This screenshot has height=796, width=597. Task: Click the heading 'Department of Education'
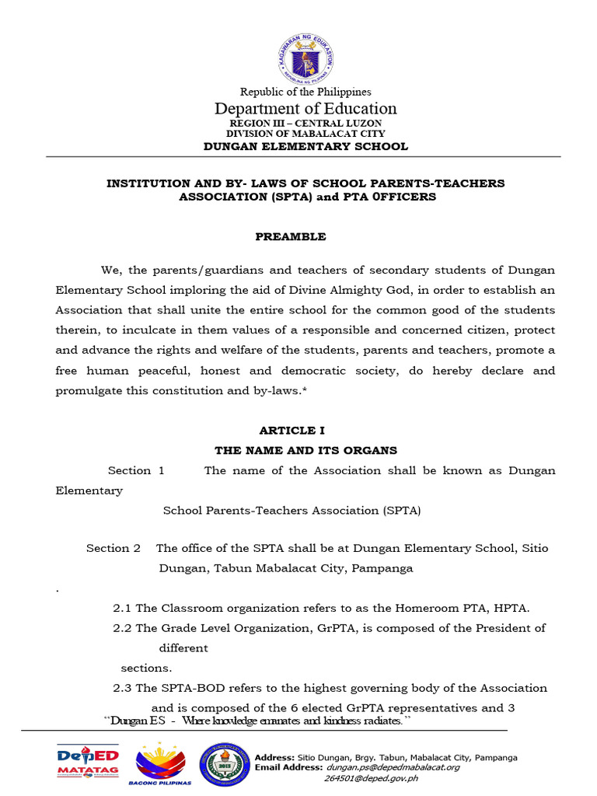(x=305, y=109)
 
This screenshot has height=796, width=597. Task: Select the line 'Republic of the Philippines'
(x=305, y=93)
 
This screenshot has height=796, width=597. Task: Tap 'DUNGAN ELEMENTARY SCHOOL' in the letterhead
(x=305, y=146)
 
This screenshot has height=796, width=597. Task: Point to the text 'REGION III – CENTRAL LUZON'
(x=305, y=124)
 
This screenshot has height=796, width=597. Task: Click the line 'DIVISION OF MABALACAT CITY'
(x=305, y=134)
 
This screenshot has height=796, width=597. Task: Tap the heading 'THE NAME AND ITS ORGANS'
(x=305, y=450)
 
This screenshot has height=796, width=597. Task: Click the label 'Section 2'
(x=113, y=548)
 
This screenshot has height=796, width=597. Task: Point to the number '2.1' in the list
(x=123, y=608)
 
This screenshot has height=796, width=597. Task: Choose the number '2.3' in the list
(x=123, y=688)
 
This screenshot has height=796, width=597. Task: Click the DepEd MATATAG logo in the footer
(x=87, y=761)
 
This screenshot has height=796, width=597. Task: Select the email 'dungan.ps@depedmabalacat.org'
(x=393, y=767)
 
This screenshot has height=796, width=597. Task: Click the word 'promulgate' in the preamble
(x=85, y=390)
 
